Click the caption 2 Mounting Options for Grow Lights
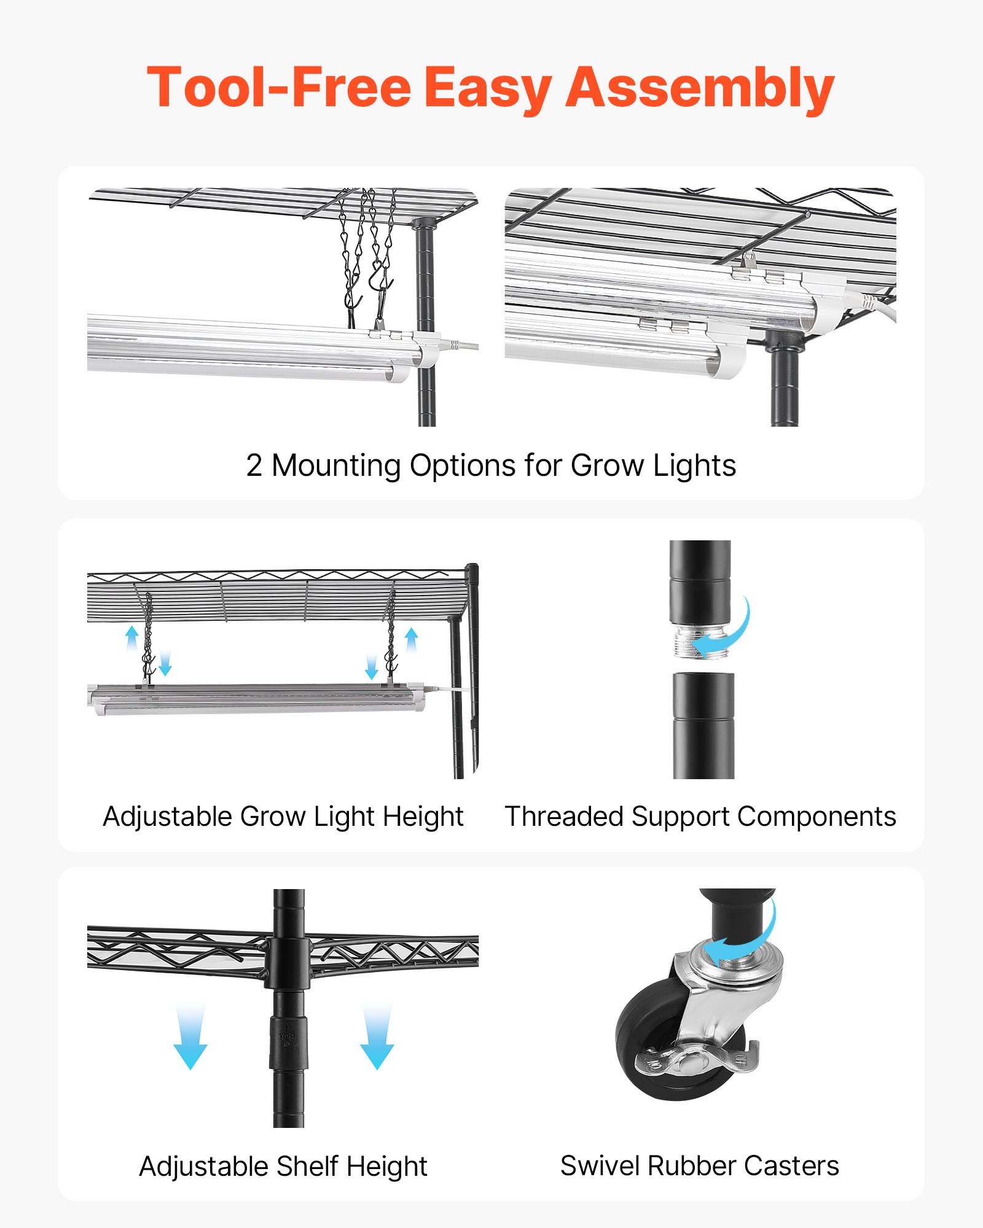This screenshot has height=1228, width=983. point(491,465)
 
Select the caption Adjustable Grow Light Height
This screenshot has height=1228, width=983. point(283,817)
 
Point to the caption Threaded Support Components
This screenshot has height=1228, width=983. point(700,817)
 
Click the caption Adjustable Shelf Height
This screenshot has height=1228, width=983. point(283,1167)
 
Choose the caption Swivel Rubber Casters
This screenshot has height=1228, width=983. point(699,1166)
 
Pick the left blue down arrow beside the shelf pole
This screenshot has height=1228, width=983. point(190,1038)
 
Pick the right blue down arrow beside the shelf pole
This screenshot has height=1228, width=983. point(377,1038)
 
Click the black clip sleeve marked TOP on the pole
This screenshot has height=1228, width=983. point(288,1041)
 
